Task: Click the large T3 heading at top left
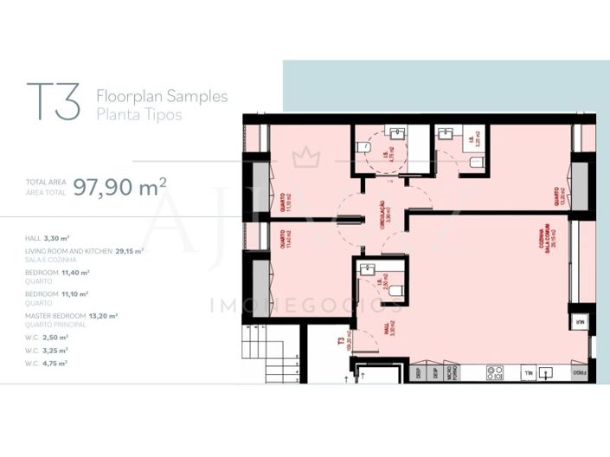point(54,104)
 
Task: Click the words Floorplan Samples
point(162,96)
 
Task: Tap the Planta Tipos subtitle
point(139,114)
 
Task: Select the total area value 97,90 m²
point(119,186)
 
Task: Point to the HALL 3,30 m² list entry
point(48,236)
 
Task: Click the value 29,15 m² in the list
point(128,250)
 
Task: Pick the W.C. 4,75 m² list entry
point(47,363)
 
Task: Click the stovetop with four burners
point(496,373)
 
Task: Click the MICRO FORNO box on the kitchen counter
point(450,373)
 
